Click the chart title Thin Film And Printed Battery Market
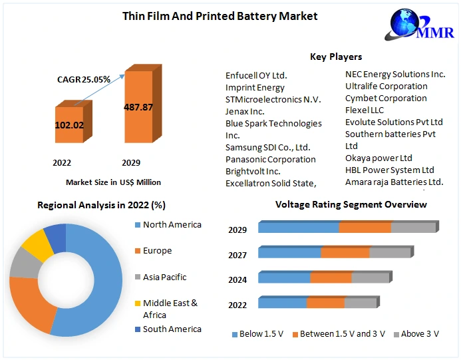coord(220,15)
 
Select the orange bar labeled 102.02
coord(69,124)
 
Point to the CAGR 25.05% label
coord(83,79)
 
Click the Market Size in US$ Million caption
coord(113,182)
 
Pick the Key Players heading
coord(336,57)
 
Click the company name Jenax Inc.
coord(245,111)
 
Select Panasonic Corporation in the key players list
coord(270,159)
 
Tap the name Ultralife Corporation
coord(386,86)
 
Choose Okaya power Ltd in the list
coord(379,158)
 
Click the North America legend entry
coord(172,225)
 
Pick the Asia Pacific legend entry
coord(164,277)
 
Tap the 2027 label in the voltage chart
coord(237,255)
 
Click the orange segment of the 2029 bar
coord(365,228)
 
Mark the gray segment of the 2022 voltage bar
coord(361,303)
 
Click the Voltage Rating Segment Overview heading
coord(351,204)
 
